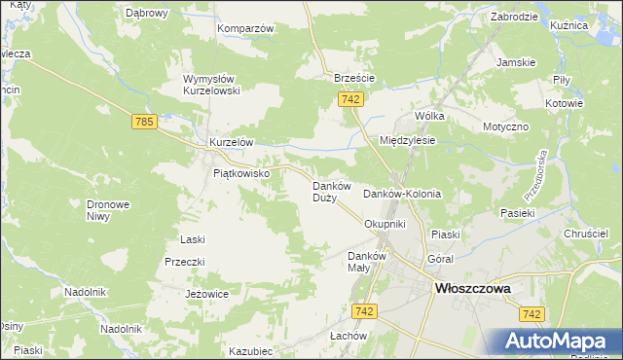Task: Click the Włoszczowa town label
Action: pyautogui.click(x=474, y=288)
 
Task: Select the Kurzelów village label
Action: pyautogui.click(x=232, y=142)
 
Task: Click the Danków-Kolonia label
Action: pyautogui.click(x=402, y=194)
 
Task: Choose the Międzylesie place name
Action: pyautogui.click(x=407, y=140)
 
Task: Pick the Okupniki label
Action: pyautogui.click(x=384, y=224)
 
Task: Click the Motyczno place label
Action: pyautogui.click(x=505, y=127)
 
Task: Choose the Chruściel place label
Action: pyautogui.click(x=587, y=234)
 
